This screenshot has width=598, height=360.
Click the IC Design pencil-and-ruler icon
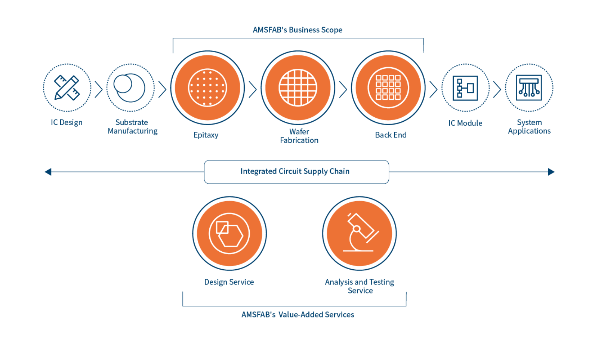[x=67, y=87]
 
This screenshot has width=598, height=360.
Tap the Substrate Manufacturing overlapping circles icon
[x=130, y=87]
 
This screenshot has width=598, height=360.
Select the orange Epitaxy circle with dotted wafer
[x=207, y=88]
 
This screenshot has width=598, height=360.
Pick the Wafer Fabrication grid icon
[x=298, y=88]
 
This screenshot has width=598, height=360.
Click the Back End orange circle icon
[x=388, y=88]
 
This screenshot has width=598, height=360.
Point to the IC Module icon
[x=465, y=88]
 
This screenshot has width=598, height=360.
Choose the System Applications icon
[x=529, y=88]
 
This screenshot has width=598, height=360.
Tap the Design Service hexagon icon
[x=229, y=233]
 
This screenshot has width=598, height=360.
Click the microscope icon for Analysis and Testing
[x=360, y=233]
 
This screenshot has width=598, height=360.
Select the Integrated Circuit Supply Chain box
[x=296, y=172]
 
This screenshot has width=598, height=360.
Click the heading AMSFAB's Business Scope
[x=298, y=30]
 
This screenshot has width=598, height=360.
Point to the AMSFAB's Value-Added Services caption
[x=298, y=314]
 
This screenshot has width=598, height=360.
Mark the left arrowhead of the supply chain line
[x=48, y=172]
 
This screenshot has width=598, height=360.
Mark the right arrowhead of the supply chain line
[x=551, y=172]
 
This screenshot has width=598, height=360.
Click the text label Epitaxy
[x=206, y=135]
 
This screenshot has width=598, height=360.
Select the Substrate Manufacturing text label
[x=132, y=127]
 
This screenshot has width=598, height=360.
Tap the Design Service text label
[x=229, y=282]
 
